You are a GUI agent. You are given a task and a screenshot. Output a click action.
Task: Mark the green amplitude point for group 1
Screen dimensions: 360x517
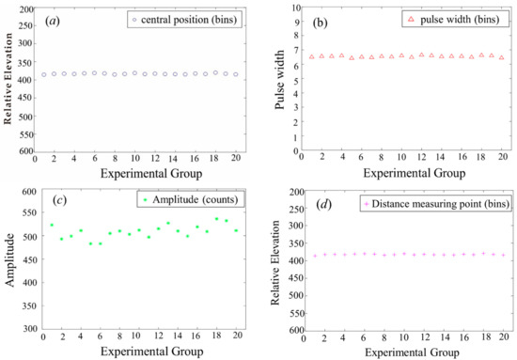(51, 226)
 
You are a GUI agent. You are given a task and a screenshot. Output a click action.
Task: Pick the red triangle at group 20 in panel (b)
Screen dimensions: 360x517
(501, 57)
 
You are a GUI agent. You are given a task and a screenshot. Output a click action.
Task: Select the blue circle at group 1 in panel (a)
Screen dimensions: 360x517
(43, 74)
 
